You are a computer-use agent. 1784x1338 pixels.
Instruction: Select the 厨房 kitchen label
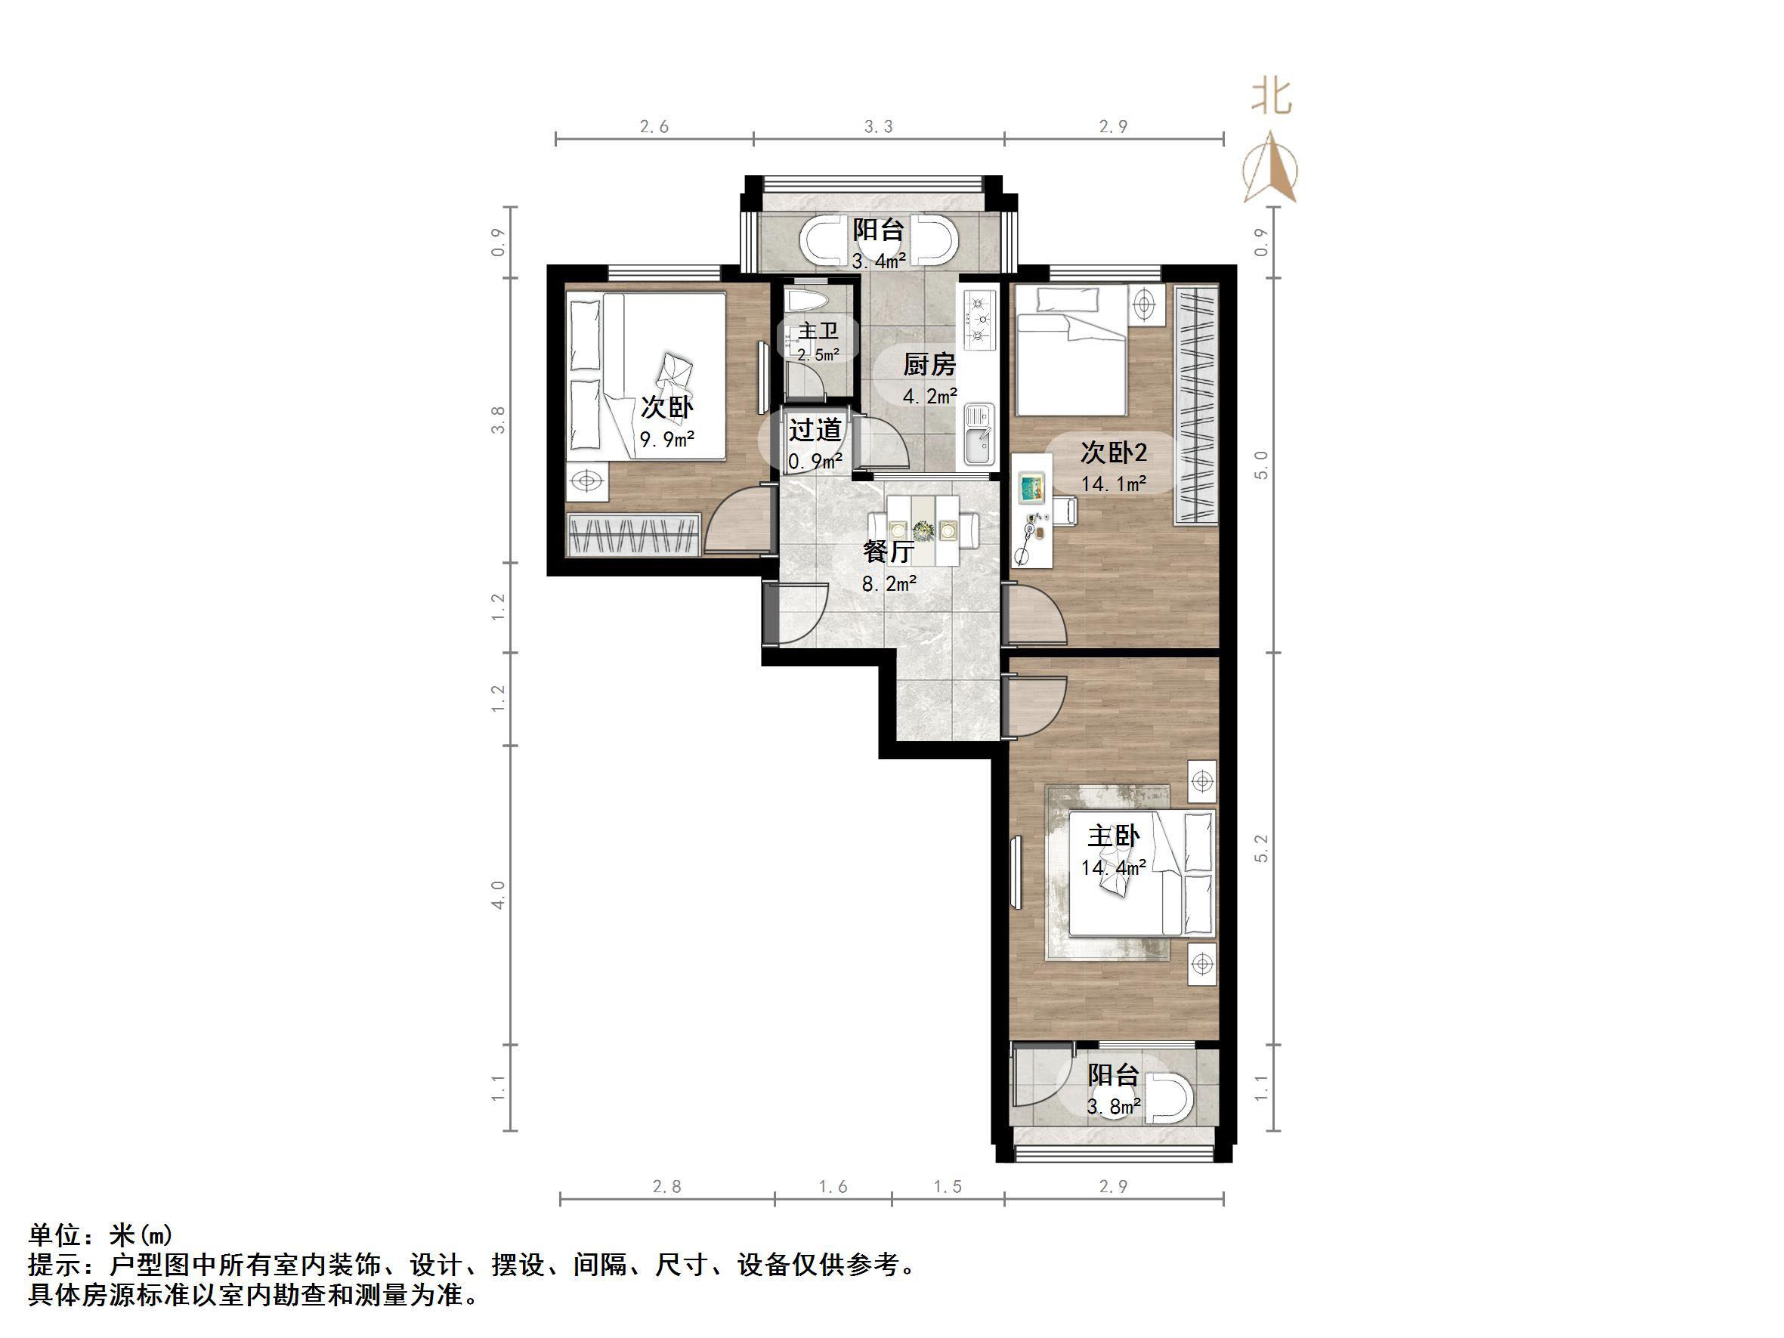pos(929,366)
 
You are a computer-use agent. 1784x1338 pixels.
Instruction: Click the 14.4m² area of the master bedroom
pos(1113,868)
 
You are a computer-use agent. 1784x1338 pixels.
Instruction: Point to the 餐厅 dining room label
pos(888,552)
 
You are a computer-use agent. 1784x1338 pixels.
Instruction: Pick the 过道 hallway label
pos(815,430)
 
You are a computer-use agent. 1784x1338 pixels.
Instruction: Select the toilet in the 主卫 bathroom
pos(807,301)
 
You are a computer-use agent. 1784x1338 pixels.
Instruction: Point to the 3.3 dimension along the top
pos(878,127)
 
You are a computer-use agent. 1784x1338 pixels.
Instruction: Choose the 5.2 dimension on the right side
pos(1261,848)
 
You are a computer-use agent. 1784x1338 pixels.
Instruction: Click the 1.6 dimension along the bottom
pos(833,1186)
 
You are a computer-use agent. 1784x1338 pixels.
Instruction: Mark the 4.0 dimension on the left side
pos(499,895)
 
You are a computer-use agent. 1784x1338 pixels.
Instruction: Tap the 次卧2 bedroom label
pos(1113,453)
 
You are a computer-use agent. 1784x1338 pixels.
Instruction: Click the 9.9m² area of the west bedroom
pos(667,440)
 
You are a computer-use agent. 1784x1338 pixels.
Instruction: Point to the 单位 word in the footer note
pos(55,1235)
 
